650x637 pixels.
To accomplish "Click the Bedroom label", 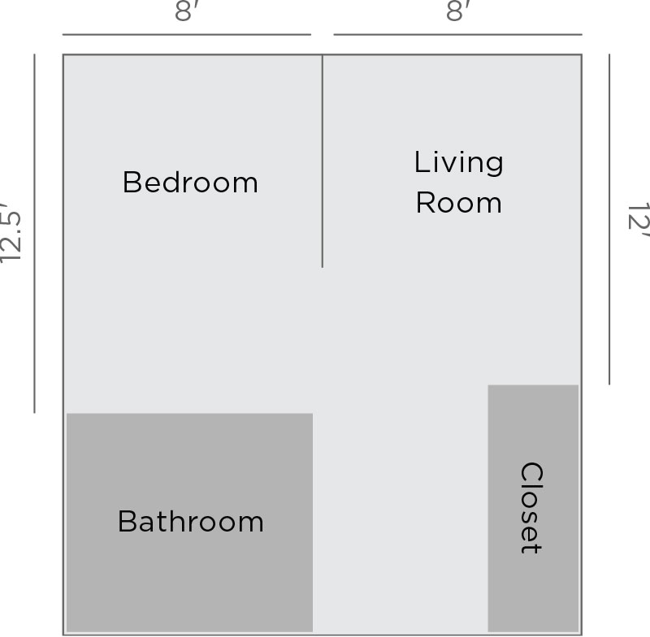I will (x=190, y=183).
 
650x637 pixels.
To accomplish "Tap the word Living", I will (x=459, y=162).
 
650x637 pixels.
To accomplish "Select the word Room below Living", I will (x=459, y=203).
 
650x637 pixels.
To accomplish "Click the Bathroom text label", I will (x=191, y=521).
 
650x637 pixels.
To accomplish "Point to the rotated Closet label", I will (x=531, y=508).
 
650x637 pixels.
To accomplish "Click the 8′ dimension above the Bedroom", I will (x=187, y=12).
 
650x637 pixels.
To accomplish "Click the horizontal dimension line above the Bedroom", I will (x=187, y=35).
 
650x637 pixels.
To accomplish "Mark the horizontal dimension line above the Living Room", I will (x=457, y=35).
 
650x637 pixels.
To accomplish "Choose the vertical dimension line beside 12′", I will (x=609, y=219).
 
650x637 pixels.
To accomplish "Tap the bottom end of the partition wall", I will (x=323, y=266).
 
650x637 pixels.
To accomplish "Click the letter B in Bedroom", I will (x=130, y=183).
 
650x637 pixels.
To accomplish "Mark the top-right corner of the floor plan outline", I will (x=581, y=55).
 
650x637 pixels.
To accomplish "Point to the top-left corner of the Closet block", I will (x=489, y=385).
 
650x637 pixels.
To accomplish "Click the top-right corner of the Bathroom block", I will (x=312, y=415).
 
